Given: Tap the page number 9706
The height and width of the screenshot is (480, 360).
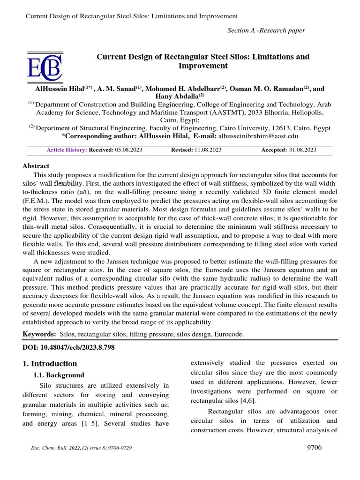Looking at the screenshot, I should (312, 447).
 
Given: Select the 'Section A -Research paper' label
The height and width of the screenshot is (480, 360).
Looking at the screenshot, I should (266, 30).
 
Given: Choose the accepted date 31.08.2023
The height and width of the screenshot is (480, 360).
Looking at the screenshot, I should (302, 150).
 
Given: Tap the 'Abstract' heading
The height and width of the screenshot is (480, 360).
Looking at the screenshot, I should (36, 166).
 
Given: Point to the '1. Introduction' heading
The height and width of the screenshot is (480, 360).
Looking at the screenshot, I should (50, 364).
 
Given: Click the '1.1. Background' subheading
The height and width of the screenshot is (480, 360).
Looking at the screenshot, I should (59, 375).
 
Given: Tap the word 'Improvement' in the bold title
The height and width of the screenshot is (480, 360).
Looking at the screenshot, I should (203, 66).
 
